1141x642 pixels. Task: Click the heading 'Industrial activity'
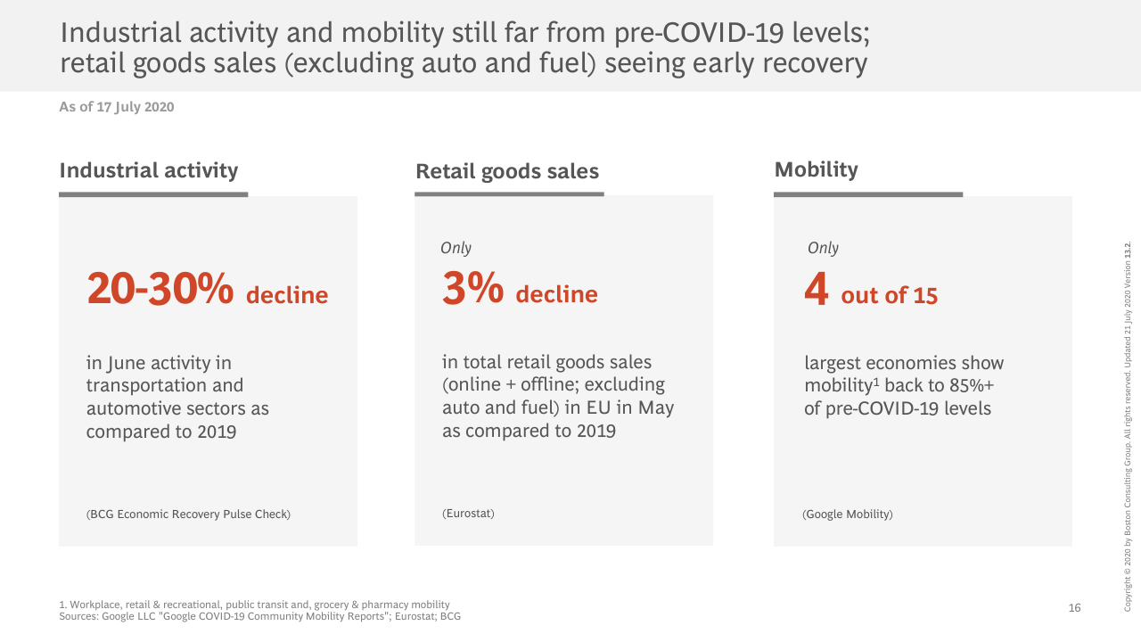[149, 170]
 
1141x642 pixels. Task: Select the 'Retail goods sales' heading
[507, 171]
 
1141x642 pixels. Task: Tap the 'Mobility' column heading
[816, 169]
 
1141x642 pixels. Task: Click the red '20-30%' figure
[160, 289]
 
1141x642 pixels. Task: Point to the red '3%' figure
[472, 289]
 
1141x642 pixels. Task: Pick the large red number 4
[817, 291]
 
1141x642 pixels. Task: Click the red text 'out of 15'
[890, 296]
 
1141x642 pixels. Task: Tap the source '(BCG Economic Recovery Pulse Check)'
[188, 514]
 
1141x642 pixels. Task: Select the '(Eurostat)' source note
[468, 514]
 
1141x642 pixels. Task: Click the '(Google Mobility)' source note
[847, 514]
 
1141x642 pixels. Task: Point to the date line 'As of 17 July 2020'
[117, 107]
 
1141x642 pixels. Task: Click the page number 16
[1074, 608]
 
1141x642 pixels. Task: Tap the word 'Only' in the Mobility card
[823, 248]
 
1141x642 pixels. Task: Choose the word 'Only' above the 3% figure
[456, 248]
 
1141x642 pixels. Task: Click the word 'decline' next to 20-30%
[287, 295]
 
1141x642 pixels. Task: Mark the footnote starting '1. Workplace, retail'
[254, 605]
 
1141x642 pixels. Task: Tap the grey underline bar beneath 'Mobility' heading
[868, 193]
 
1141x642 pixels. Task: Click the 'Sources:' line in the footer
[259, 616]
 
